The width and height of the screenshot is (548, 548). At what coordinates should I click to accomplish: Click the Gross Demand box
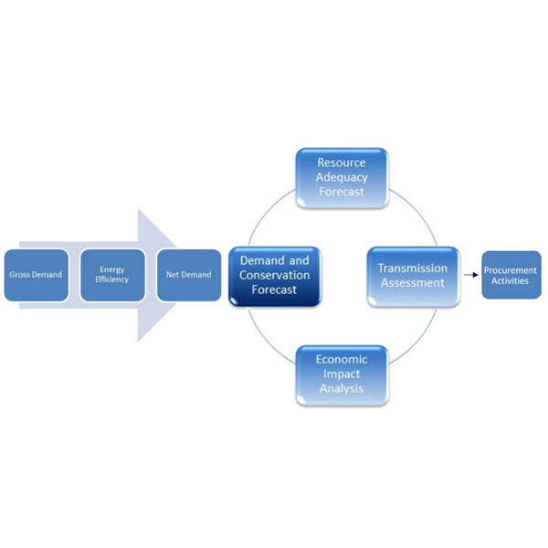(x=36, y=275)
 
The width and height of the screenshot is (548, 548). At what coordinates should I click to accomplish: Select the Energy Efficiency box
(x=112, y=275)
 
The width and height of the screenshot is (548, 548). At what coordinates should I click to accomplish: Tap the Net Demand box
(x=189, y=275)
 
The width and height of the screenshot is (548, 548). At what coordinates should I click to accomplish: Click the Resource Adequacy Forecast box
(x=342, y=177)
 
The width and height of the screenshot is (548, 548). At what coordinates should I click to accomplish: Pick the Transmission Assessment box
(x=413, y=275)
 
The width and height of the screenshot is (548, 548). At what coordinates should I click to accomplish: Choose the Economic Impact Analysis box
(x=342, y=374)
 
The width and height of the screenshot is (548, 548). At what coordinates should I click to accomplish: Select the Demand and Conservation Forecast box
(x=274, y=275)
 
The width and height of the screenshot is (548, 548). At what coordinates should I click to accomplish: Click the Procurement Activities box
(x=511, y=275)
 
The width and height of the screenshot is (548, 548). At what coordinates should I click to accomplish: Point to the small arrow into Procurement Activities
(x=470, y=274)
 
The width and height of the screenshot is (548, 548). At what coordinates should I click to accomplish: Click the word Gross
(x=21, y=275)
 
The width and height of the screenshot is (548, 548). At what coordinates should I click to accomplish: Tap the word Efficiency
(x=112, y=279)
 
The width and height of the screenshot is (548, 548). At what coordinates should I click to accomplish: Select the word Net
(x=171, y=275)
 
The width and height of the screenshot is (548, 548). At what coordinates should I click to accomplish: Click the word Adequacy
(x=342, y=177)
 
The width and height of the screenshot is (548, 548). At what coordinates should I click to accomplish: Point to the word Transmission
(x=413, y=269)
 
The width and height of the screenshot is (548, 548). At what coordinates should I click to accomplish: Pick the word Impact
(x=342, y=374)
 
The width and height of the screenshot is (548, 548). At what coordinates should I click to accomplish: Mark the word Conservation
(x=274, y=276)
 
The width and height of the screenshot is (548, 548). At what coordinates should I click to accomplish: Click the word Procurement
(x=511, y=270)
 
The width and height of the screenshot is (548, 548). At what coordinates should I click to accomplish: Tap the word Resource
(x=342, y=163)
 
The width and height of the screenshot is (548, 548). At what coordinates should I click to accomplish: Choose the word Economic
(x=342, y=360)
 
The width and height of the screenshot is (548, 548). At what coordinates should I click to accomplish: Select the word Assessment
(x=413, y=283)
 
